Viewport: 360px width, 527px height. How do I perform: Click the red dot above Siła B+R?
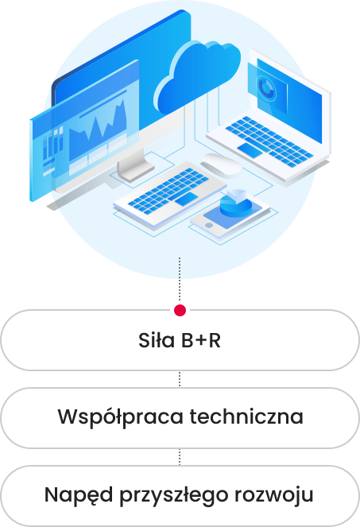click(180, 310)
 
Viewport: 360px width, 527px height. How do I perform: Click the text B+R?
click(201, 340)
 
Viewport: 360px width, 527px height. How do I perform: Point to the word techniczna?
click(246, 417)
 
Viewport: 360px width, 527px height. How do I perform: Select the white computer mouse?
click(221, 165)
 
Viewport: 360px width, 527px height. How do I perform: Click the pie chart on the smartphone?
click(236, 203)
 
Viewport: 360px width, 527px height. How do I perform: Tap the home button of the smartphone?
click(209, 226)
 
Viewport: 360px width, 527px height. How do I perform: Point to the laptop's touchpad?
click(250, 149)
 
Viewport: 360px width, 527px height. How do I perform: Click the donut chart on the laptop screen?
click(265, 88)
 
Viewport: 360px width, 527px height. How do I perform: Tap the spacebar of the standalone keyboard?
click(186, 199)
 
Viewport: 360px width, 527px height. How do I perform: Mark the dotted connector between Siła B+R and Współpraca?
click(180, 379)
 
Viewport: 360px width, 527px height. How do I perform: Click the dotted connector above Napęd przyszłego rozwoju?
click(180, 457)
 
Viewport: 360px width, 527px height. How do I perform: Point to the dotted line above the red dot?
click(180, 280)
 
